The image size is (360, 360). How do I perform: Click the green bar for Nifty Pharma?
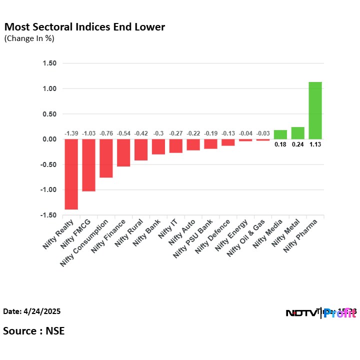click(315, 110)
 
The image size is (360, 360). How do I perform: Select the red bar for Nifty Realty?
click(71, 174)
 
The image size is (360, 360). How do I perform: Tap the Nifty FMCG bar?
click(89, 165)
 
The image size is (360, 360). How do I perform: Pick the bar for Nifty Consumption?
click(106, 158)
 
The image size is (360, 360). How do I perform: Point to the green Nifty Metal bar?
click(297, 133)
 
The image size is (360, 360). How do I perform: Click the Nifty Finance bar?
click(123, 152)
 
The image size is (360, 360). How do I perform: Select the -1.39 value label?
click(71, 133)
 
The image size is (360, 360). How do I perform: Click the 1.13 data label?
click(315, 145)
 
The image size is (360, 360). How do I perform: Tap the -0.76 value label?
click(106, 133)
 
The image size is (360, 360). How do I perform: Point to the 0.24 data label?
click(297, 145)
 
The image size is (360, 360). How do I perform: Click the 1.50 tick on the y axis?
click(49, 63)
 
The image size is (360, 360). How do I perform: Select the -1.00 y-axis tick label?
click(48, 190)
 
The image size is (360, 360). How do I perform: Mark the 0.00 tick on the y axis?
click(49, 139)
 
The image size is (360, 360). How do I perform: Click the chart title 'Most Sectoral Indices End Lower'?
click(84, 27)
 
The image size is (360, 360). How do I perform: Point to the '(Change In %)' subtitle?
click(29, 38)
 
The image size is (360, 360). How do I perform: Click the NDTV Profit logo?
click(320, 313)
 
